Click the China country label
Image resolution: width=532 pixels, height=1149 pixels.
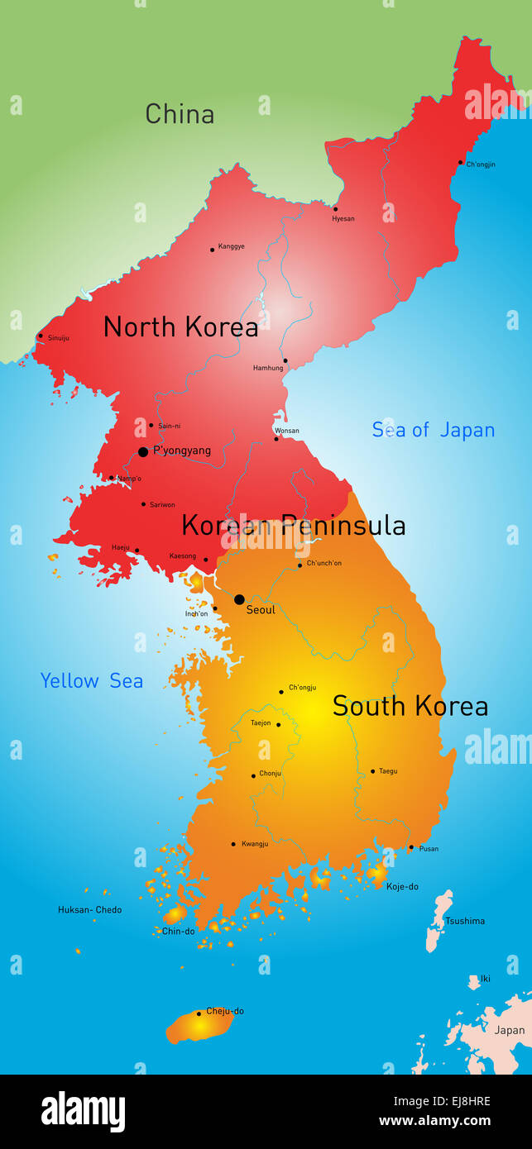click(180, 114)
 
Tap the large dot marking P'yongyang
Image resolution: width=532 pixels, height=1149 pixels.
click(143, 452)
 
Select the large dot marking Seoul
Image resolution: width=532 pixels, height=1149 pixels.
click(239, 599)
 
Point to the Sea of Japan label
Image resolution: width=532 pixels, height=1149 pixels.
click(433, 430)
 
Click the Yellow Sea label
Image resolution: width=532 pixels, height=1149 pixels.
click(92, 681)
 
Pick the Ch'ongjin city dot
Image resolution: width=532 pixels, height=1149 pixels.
click(461, 163)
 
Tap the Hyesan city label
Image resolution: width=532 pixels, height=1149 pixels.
click(343, 219)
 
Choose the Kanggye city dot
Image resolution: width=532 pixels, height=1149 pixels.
click(212, 249)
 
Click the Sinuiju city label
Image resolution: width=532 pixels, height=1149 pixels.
click(59, 338)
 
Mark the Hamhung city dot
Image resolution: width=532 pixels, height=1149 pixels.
click(285, 360)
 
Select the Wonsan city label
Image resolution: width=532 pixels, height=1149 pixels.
click(286, 431)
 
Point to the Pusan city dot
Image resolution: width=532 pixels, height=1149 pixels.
click(411, 847)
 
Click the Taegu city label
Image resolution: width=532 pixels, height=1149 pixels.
click(388, 771)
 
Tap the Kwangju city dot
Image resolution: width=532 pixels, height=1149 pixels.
click(233, 844)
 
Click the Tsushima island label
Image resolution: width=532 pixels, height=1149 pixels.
click(465, 921)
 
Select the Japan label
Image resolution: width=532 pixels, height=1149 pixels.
click(509, 1030)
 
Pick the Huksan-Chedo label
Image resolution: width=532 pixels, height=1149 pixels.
click(89, 910)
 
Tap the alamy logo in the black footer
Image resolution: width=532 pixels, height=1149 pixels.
click(83, 1112)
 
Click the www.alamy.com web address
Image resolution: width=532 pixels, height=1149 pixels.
click(434, 1122)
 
